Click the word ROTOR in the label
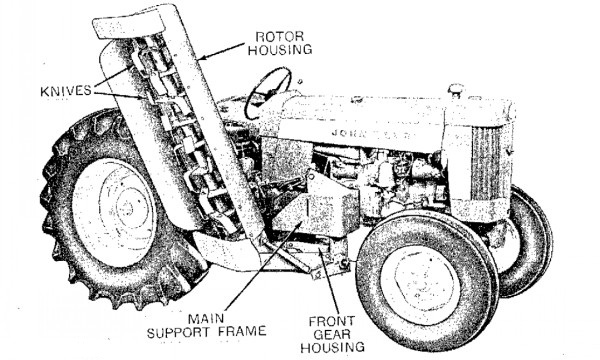coord(279,37)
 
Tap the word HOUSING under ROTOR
coord(280,50)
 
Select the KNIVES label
coord(66,91)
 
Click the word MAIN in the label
coord(206,318)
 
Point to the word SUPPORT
coord(179,331)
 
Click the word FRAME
coord(242,331)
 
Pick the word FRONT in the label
coord(332,321)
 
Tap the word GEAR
coord(332,334)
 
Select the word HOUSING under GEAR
coord(332,347)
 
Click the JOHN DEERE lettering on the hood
coord(372,134)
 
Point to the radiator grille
coord(486,163)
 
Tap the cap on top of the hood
coord(456,90)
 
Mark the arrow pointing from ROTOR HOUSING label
coord(223,51)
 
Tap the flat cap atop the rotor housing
coord(129,23)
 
